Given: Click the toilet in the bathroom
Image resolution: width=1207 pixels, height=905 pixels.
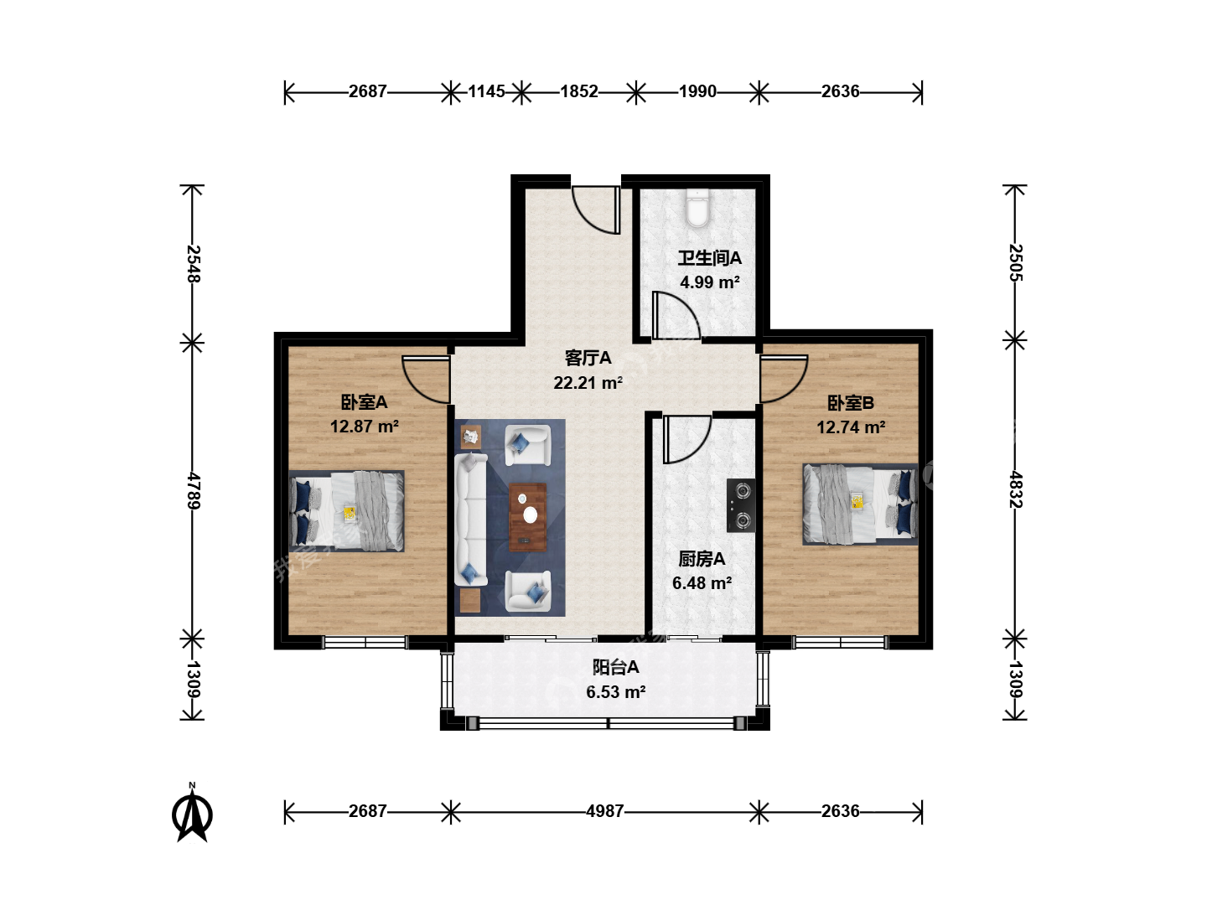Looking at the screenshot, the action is point(697,209).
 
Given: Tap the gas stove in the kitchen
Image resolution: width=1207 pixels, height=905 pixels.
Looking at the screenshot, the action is point(741,505).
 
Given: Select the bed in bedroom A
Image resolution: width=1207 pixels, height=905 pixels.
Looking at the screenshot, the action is point(346,510).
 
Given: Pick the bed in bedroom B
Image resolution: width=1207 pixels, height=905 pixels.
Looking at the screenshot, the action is point(860,504).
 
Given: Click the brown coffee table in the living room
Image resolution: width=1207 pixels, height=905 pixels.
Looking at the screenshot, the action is point(527,517).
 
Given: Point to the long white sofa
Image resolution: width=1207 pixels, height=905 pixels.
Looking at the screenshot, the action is point(471,518).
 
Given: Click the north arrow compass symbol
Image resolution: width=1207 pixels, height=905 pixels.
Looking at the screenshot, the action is point(192,812).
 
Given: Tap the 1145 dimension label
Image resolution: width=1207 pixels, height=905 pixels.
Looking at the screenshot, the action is point(486,91).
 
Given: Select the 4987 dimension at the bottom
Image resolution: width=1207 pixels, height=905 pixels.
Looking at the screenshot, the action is point(605,811).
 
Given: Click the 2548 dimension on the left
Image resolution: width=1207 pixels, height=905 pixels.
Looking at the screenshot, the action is point(193,264).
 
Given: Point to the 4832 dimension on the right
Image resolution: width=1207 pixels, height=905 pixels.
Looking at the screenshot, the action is point(1015,489).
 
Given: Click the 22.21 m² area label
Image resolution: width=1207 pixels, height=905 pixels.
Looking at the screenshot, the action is point(588,382).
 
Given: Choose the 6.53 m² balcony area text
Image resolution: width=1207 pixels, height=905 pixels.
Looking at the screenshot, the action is point(615,692).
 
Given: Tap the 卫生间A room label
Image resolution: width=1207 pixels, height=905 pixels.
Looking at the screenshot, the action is point(709,258).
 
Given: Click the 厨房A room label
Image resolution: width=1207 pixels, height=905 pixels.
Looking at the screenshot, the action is point(701,559).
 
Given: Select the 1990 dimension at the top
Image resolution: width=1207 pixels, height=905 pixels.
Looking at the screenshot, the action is point(697,91).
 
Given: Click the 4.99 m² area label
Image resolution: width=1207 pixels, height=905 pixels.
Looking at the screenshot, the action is point(709,282).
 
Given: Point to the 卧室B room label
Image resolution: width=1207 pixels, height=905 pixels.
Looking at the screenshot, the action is point(850,403).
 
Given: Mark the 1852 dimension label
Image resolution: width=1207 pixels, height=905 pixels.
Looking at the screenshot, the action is point(579,91).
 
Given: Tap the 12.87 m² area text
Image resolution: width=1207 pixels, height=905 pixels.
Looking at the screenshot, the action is point(364,427).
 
